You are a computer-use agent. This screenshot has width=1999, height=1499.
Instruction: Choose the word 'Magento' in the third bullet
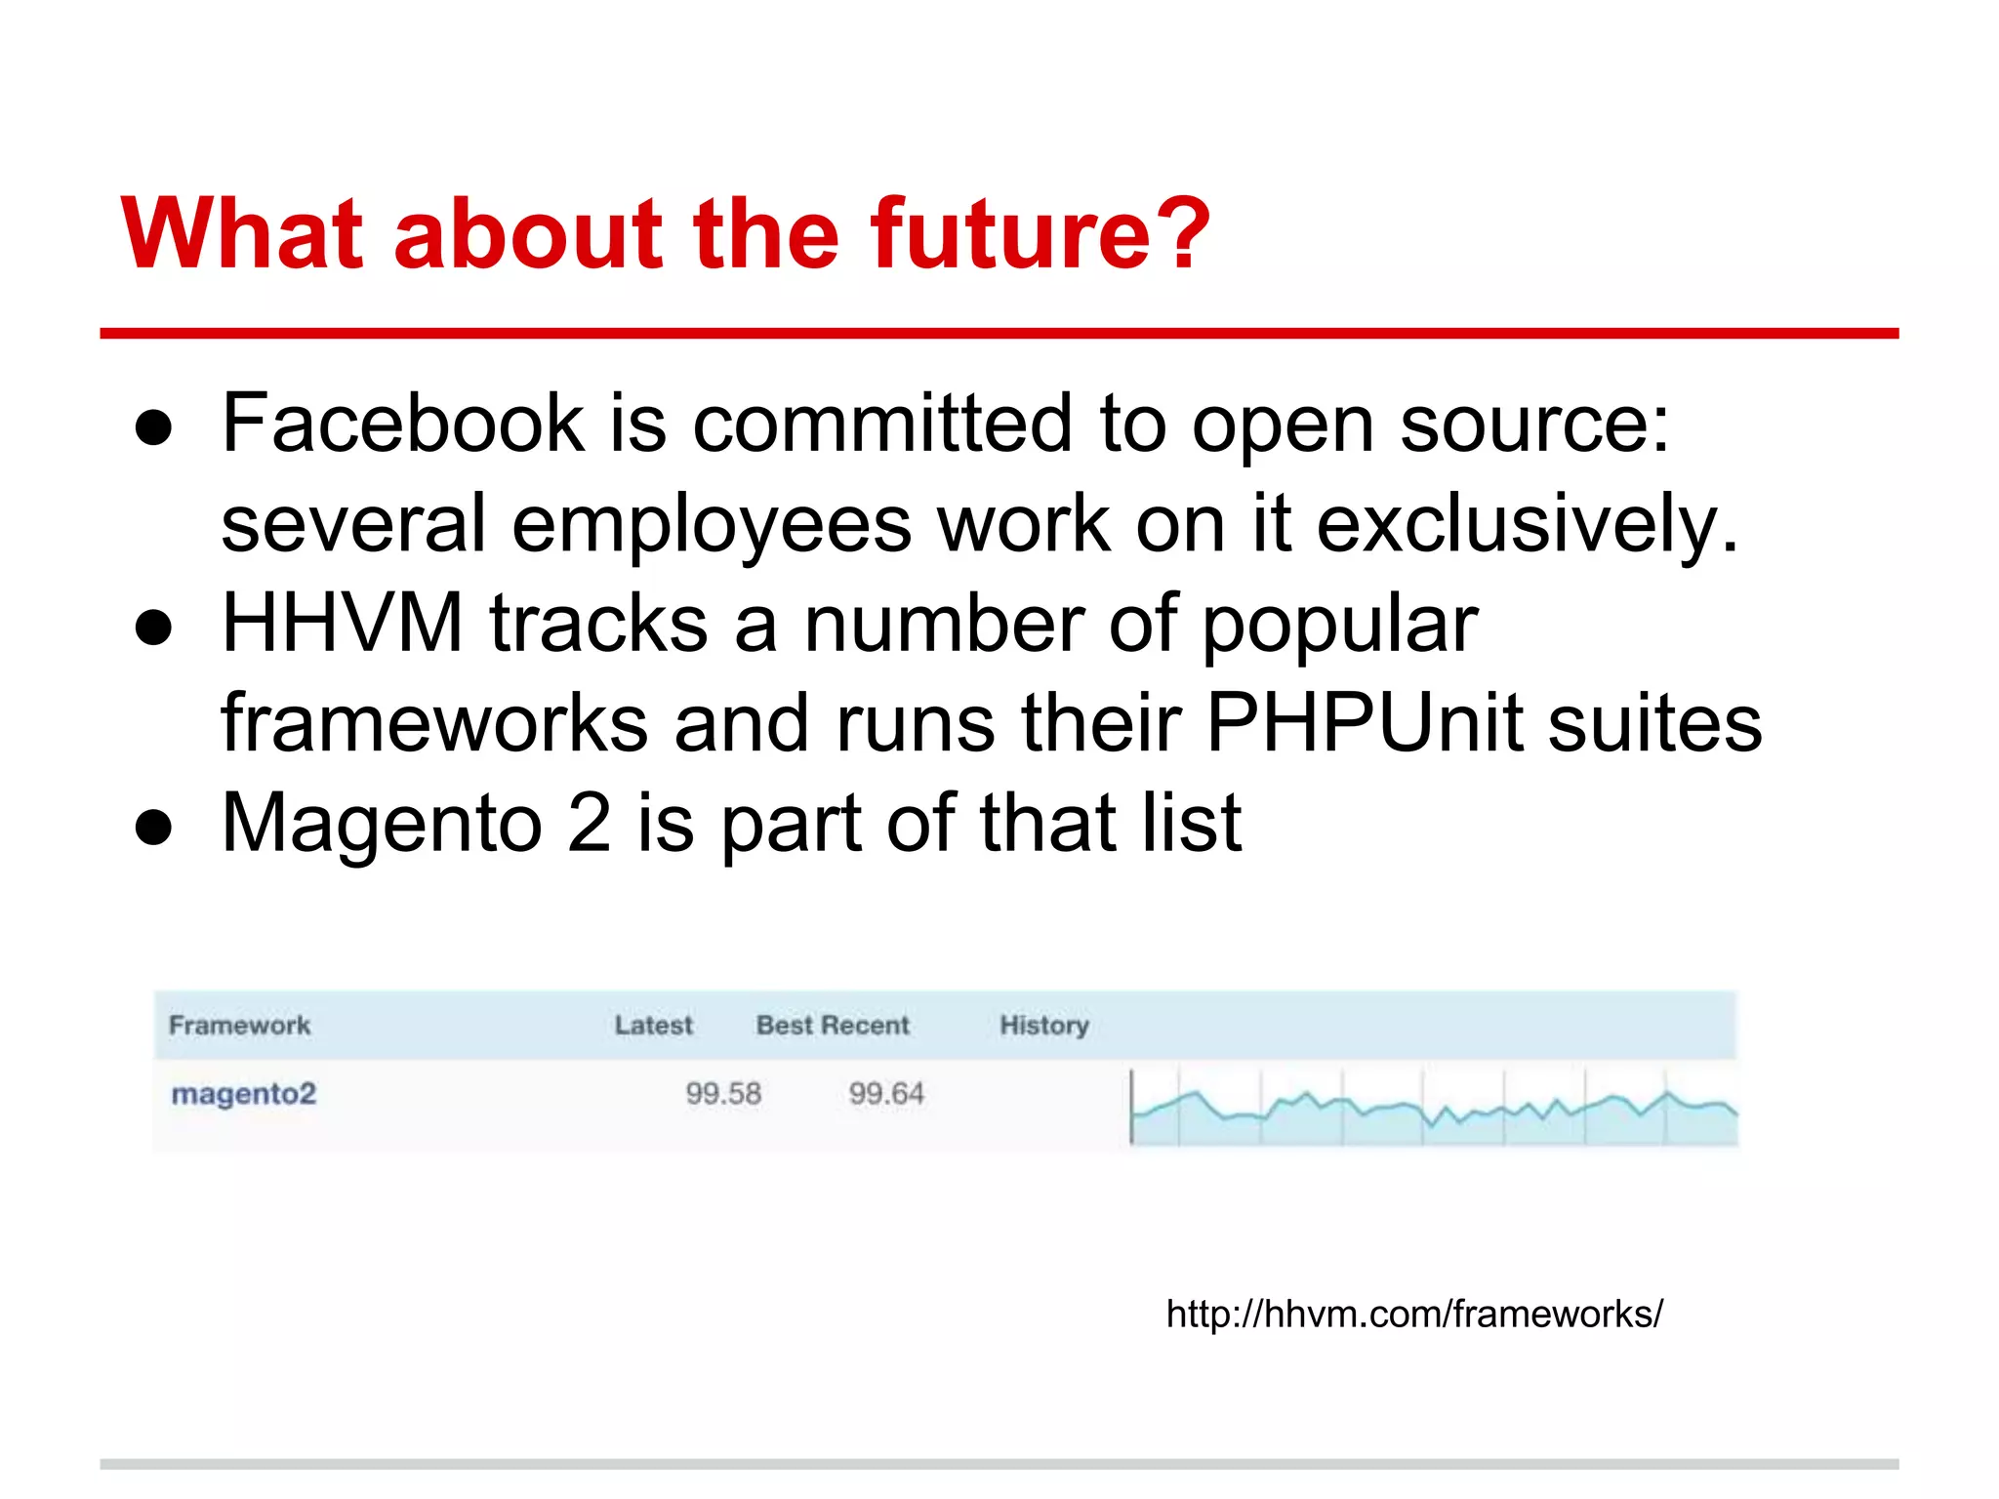[382, 824]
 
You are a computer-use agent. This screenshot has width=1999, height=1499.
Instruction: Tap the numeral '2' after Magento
[589, 824]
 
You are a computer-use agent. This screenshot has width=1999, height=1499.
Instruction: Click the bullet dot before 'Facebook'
[154, 428]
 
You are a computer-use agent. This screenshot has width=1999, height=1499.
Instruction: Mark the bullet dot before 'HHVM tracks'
[154, 628]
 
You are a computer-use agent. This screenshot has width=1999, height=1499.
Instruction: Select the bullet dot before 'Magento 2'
[154, 829]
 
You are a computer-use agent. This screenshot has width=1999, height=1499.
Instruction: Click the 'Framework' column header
[239, 1026]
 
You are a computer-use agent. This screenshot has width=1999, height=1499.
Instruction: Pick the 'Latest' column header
[653, 1026]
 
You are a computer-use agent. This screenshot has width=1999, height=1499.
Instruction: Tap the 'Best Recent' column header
[833, 1026]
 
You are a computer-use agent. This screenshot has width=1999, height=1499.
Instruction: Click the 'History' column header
[1043, 1026]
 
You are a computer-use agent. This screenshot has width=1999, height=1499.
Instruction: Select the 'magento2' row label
[244, 1094]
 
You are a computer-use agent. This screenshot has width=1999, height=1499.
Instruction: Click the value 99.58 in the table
[723, 1094]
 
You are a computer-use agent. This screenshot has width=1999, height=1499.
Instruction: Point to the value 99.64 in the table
[886, 1094]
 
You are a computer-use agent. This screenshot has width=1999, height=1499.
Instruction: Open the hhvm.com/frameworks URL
[1414, 1315]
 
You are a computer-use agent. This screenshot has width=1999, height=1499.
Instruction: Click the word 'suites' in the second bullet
[1655, 724]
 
